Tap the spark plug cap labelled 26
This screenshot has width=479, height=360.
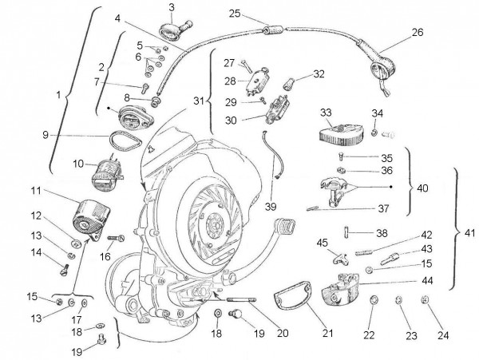pyautogui.click(x=382, y=63)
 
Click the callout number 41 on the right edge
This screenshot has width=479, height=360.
pyautogui.click(x=466, y=234)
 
